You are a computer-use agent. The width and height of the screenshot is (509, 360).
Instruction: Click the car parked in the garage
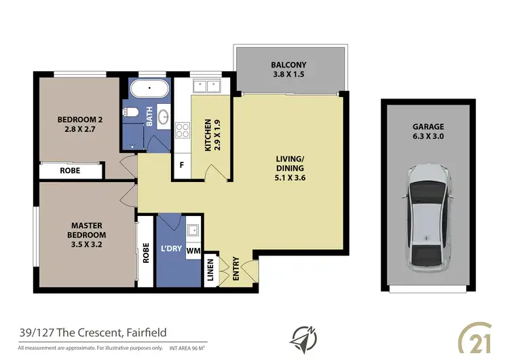click(x=428, y=216)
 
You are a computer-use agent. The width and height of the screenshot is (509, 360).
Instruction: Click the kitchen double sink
click(x=205, y=86)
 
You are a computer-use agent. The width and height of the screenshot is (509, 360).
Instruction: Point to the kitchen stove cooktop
click(x=183, y=128)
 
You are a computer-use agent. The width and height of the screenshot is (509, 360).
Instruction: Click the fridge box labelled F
click(x=182, y=164)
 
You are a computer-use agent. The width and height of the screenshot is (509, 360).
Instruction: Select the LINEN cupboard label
click(x=210, y=269)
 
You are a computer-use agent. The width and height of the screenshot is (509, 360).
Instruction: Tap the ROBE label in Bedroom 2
click(x=71, y=170)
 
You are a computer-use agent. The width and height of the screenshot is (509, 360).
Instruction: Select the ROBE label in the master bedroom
click(x=146, y=253)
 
